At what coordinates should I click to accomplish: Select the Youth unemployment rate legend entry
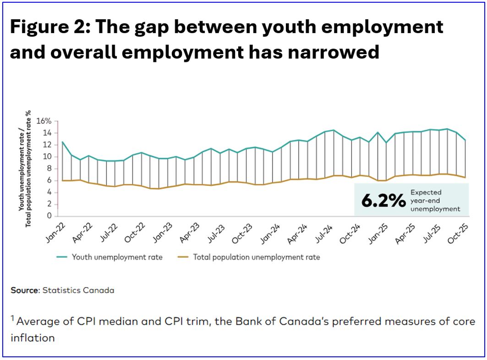117,257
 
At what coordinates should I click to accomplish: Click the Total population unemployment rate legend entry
256,257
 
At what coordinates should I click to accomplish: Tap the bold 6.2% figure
383,200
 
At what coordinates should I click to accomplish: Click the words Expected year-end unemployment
435,200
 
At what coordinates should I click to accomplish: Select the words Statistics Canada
78,290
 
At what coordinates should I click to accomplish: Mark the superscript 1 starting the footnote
13,317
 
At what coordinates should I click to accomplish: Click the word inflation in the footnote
33,338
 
